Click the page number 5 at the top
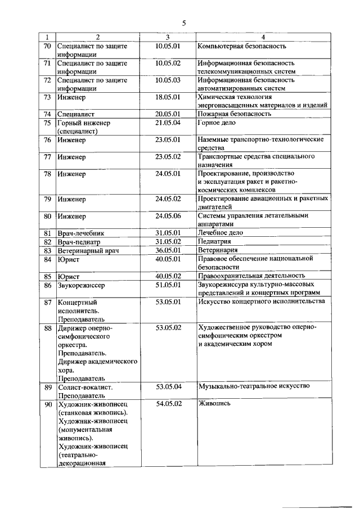tap(183, 23)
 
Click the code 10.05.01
tap(168, 46)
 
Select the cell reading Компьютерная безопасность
tap(242, 46)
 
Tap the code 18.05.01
tap(168, 97)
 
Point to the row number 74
tap(47, 114)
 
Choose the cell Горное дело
tap(217, 123)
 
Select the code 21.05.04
tap(168, 123)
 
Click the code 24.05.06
tap(168, 215)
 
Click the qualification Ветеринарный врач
tap(88, 250)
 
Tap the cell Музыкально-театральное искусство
tap(254, 387)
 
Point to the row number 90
tap(47, 404)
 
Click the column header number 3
tap(168, 37)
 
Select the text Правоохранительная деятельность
tap(251, 276)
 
